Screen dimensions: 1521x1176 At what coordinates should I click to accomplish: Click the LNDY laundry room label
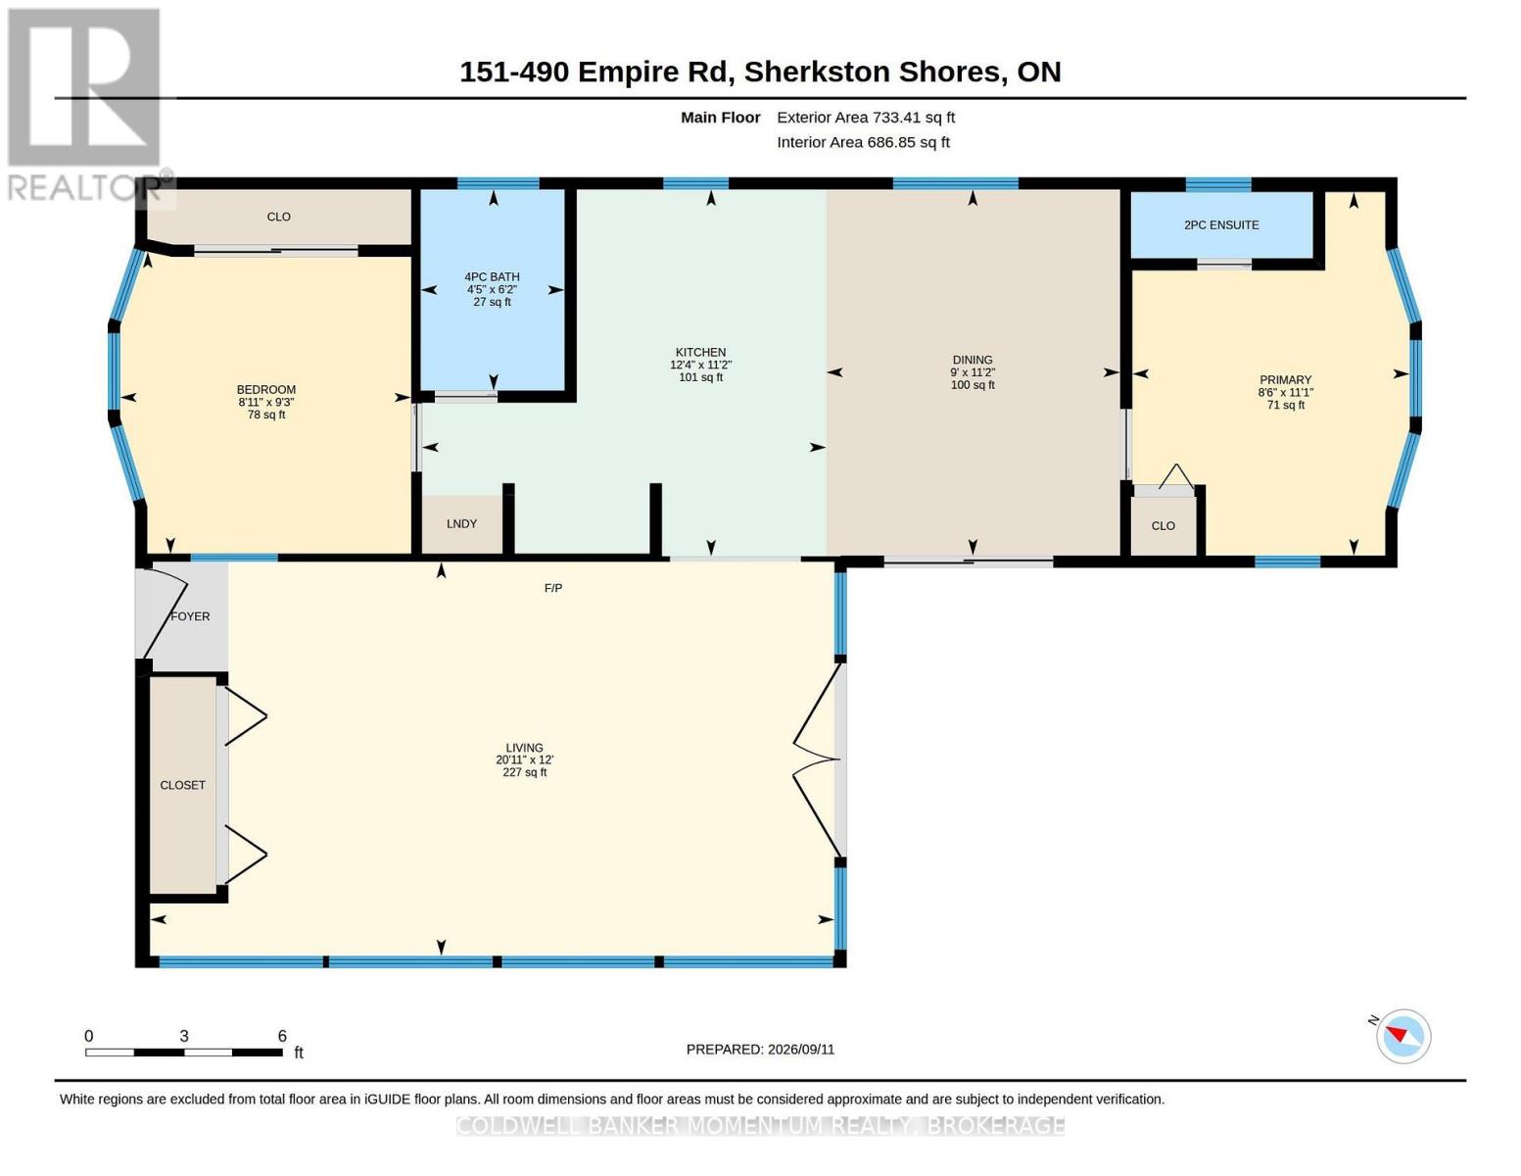click(461, 524)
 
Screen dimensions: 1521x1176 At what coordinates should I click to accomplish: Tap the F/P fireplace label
click(553, 588)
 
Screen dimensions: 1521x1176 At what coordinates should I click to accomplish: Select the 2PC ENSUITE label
click(1221, 224)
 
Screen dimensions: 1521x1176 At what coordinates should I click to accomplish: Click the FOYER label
click(190, 616)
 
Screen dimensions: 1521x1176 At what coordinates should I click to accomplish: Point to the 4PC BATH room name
click(492, 276)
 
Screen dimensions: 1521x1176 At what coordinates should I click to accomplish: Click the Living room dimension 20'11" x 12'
click(524, 759)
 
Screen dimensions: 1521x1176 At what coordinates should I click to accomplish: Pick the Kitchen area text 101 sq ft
click(700, 377)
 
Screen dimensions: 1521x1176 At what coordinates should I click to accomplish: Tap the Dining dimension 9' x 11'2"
click(973, 372)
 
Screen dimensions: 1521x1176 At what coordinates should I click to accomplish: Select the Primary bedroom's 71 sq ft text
click(1286, 405)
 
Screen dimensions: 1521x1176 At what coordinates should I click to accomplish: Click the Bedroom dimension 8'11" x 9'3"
click(266, 402)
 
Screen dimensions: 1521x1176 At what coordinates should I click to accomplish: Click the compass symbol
click(1402, 1037)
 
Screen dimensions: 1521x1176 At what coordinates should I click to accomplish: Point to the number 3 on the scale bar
click(184, 1036)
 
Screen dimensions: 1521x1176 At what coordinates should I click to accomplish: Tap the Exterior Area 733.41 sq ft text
click(866, 118)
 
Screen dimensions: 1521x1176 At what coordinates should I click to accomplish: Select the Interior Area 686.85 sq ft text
click(863, 142)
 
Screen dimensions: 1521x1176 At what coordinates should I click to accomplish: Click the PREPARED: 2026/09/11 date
click(760, 1050)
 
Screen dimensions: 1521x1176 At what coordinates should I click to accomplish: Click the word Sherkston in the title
click(816, 72)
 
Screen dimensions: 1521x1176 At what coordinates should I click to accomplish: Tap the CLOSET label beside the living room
click(183, 785)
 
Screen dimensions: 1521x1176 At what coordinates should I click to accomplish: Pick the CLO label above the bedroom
click(278, 218)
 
